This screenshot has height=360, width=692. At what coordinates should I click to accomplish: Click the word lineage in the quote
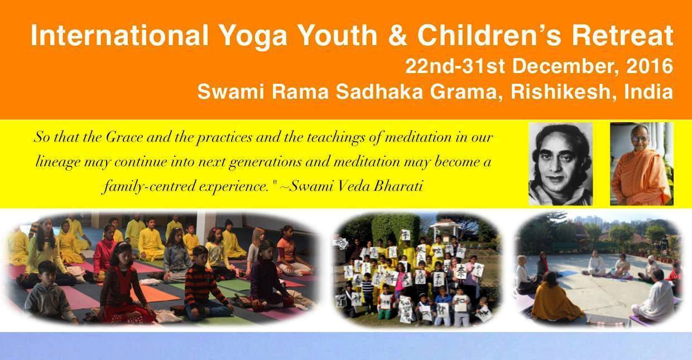pyautogui.click(x=58, y=162)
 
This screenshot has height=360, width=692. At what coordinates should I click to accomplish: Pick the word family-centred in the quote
pyautogui.click(x=148, y=186)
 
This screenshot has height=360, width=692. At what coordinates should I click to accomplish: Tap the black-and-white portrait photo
pyautogui.click(x=560, y=164)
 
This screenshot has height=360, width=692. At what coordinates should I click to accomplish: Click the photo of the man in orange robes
pyautogui.click(x=642, y=164)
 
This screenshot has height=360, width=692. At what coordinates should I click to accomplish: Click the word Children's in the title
pyautogui.click(x=489, y=36)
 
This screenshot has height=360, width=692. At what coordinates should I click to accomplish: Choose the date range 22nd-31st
pyautogui.click(x=455, y=66)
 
